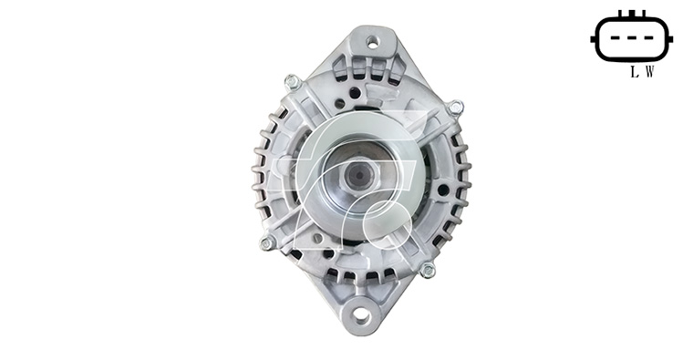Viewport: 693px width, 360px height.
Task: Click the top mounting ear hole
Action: pos(373,43)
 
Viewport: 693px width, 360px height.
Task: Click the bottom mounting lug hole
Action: pos(361,315)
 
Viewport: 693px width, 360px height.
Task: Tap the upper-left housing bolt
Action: pos(292,82)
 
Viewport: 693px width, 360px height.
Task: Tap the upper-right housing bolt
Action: pos(455,108)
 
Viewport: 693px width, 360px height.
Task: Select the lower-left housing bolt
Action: pos(267,243)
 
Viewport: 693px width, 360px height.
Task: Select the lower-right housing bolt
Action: pos(428,270)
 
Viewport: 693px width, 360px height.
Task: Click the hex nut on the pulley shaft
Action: pos(361,176)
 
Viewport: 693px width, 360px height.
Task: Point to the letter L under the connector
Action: pos(635,72)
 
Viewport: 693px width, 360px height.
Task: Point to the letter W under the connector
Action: pos(649,72)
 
